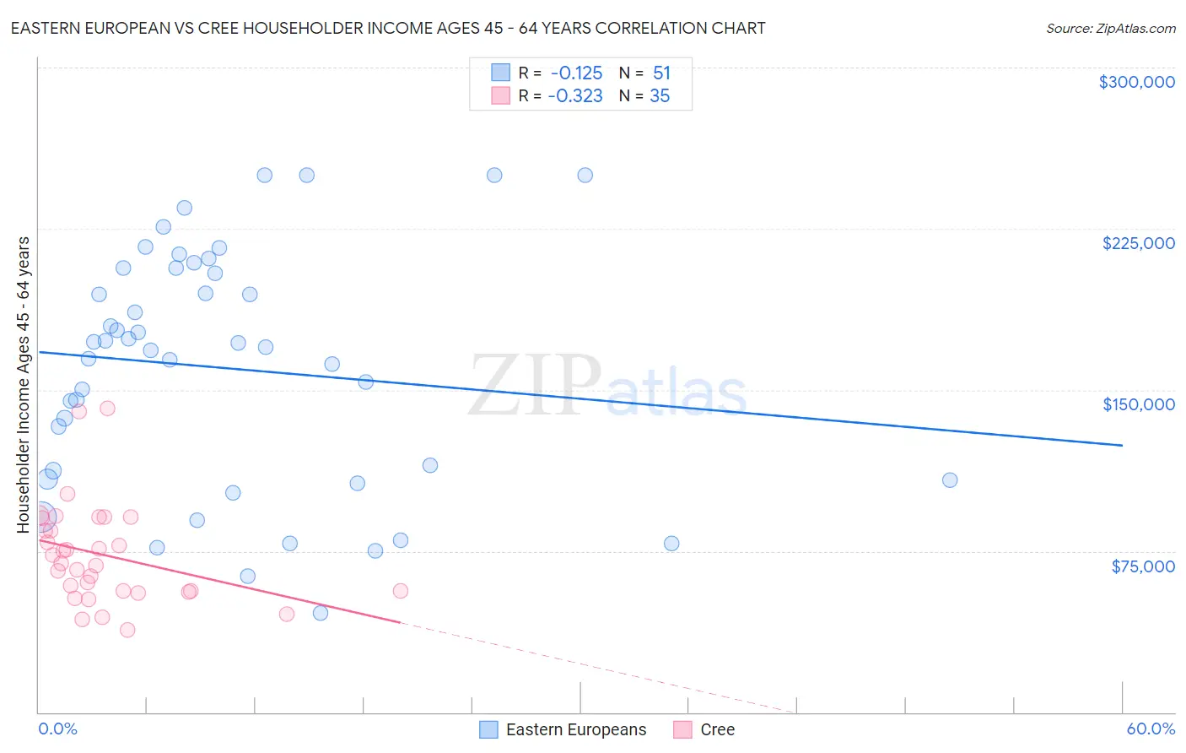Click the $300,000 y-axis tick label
click(x=1136, y=82)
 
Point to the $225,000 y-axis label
click(x=1138, y=243)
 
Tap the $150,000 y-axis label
click(x=1138, y=404)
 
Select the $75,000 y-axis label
click(x=1142, y=566)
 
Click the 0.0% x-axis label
click(x=57, y=729)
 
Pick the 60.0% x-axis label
click(x=1151, y=729)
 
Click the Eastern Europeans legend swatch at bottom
click(x=488, y=729)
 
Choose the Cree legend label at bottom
click(x=717, y=729)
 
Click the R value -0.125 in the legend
click(x=576, y=73)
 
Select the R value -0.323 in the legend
click(x=575, y=96)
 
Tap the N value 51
click(x=661, y=73)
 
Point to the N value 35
click(x=660, y=96)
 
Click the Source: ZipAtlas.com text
click(x=1110, y=29)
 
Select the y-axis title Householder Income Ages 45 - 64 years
click(x=24, y=385)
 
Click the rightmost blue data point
click(x=950, y=480)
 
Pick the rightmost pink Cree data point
click(x=401, y=591)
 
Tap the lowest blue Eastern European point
click(x=321, y=613)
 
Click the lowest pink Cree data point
click(x=127, y=630)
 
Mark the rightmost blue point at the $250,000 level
click(x=585, y=176)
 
